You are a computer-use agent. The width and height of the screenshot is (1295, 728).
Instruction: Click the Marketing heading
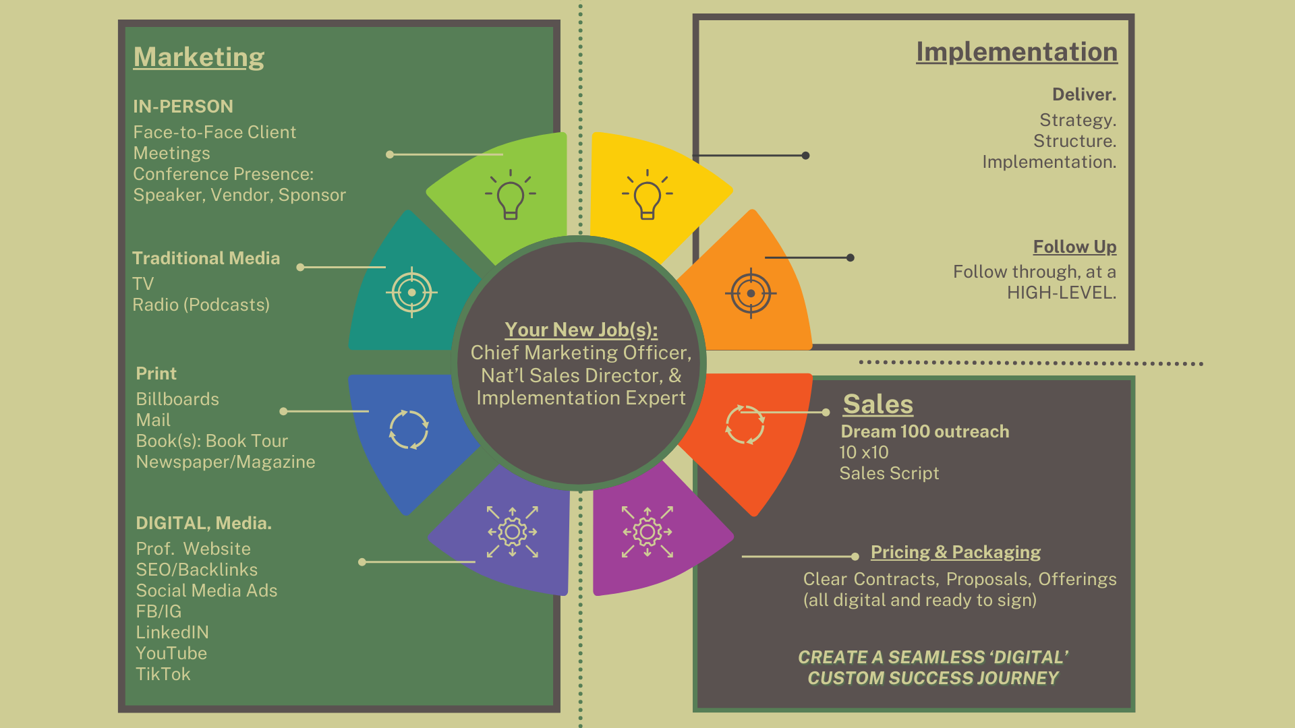(199, 57)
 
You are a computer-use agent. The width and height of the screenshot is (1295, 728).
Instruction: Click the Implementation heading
(1016, 52)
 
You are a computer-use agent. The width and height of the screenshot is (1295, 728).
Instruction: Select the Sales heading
(877, 404)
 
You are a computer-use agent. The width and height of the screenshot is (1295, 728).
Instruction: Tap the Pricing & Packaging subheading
(955, 552)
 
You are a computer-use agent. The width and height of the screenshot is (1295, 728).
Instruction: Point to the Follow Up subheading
(1074, 247)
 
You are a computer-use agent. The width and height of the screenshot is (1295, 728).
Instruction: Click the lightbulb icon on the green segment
(511, 194)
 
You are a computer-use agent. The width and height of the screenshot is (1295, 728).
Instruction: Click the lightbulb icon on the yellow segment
(647, 194)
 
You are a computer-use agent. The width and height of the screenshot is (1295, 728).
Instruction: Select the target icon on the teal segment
(411, 293)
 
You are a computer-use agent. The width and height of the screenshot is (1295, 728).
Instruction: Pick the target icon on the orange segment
(751, 293)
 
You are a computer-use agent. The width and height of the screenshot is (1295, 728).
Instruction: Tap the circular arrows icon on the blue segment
(409, 429)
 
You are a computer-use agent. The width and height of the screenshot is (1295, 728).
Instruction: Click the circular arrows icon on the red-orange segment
(745, 425)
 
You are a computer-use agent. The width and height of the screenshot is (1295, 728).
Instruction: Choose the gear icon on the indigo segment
(513, 532)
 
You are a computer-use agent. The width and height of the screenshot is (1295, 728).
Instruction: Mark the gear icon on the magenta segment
(647, 532)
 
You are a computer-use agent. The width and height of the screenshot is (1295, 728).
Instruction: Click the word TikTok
(163, 674)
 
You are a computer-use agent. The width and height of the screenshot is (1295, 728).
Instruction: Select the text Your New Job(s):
(581, 330)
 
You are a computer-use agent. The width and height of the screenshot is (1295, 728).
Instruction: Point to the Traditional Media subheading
(206, 258)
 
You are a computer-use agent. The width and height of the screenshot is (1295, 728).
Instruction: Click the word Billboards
(177, 399)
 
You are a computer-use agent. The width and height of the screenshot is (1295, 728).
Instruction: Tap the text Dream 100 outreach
(925, 431)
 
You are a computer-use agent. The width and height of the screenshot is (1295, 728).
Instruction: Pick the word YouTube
(171, 653)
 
